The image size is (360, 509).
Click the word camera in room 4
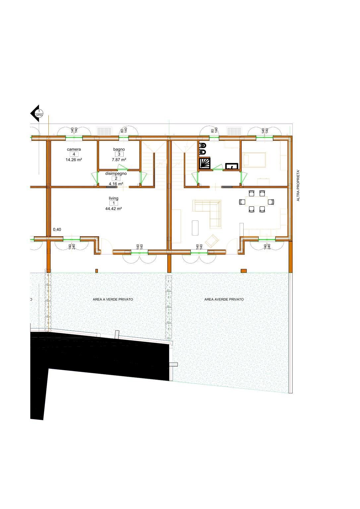[74, 149]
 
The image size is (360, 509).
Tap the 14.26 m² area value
[74, 160]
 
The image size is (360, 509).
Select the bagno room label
[119, 149]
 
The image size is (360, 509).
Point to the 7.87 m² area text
[119, 160]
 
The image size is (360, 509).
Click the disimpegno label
[116, 173]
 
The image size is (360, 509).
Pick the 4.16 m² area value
[116, 184]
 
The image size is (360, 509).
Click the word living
[113, 198]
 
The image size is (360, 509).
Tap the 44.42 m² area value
[113, 209]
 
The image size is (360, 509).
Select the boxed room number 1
[114, 203]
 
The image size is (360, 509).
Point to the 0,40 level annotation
[57, 229]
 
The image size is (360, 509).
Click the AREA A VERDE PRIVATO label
[113, 299]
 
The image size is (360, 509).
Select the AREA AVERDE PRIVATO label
[224, 299]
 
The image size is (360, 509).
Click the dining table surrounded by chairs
[256, 201]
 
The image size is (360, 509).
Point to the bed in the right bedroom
[254, 159]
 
